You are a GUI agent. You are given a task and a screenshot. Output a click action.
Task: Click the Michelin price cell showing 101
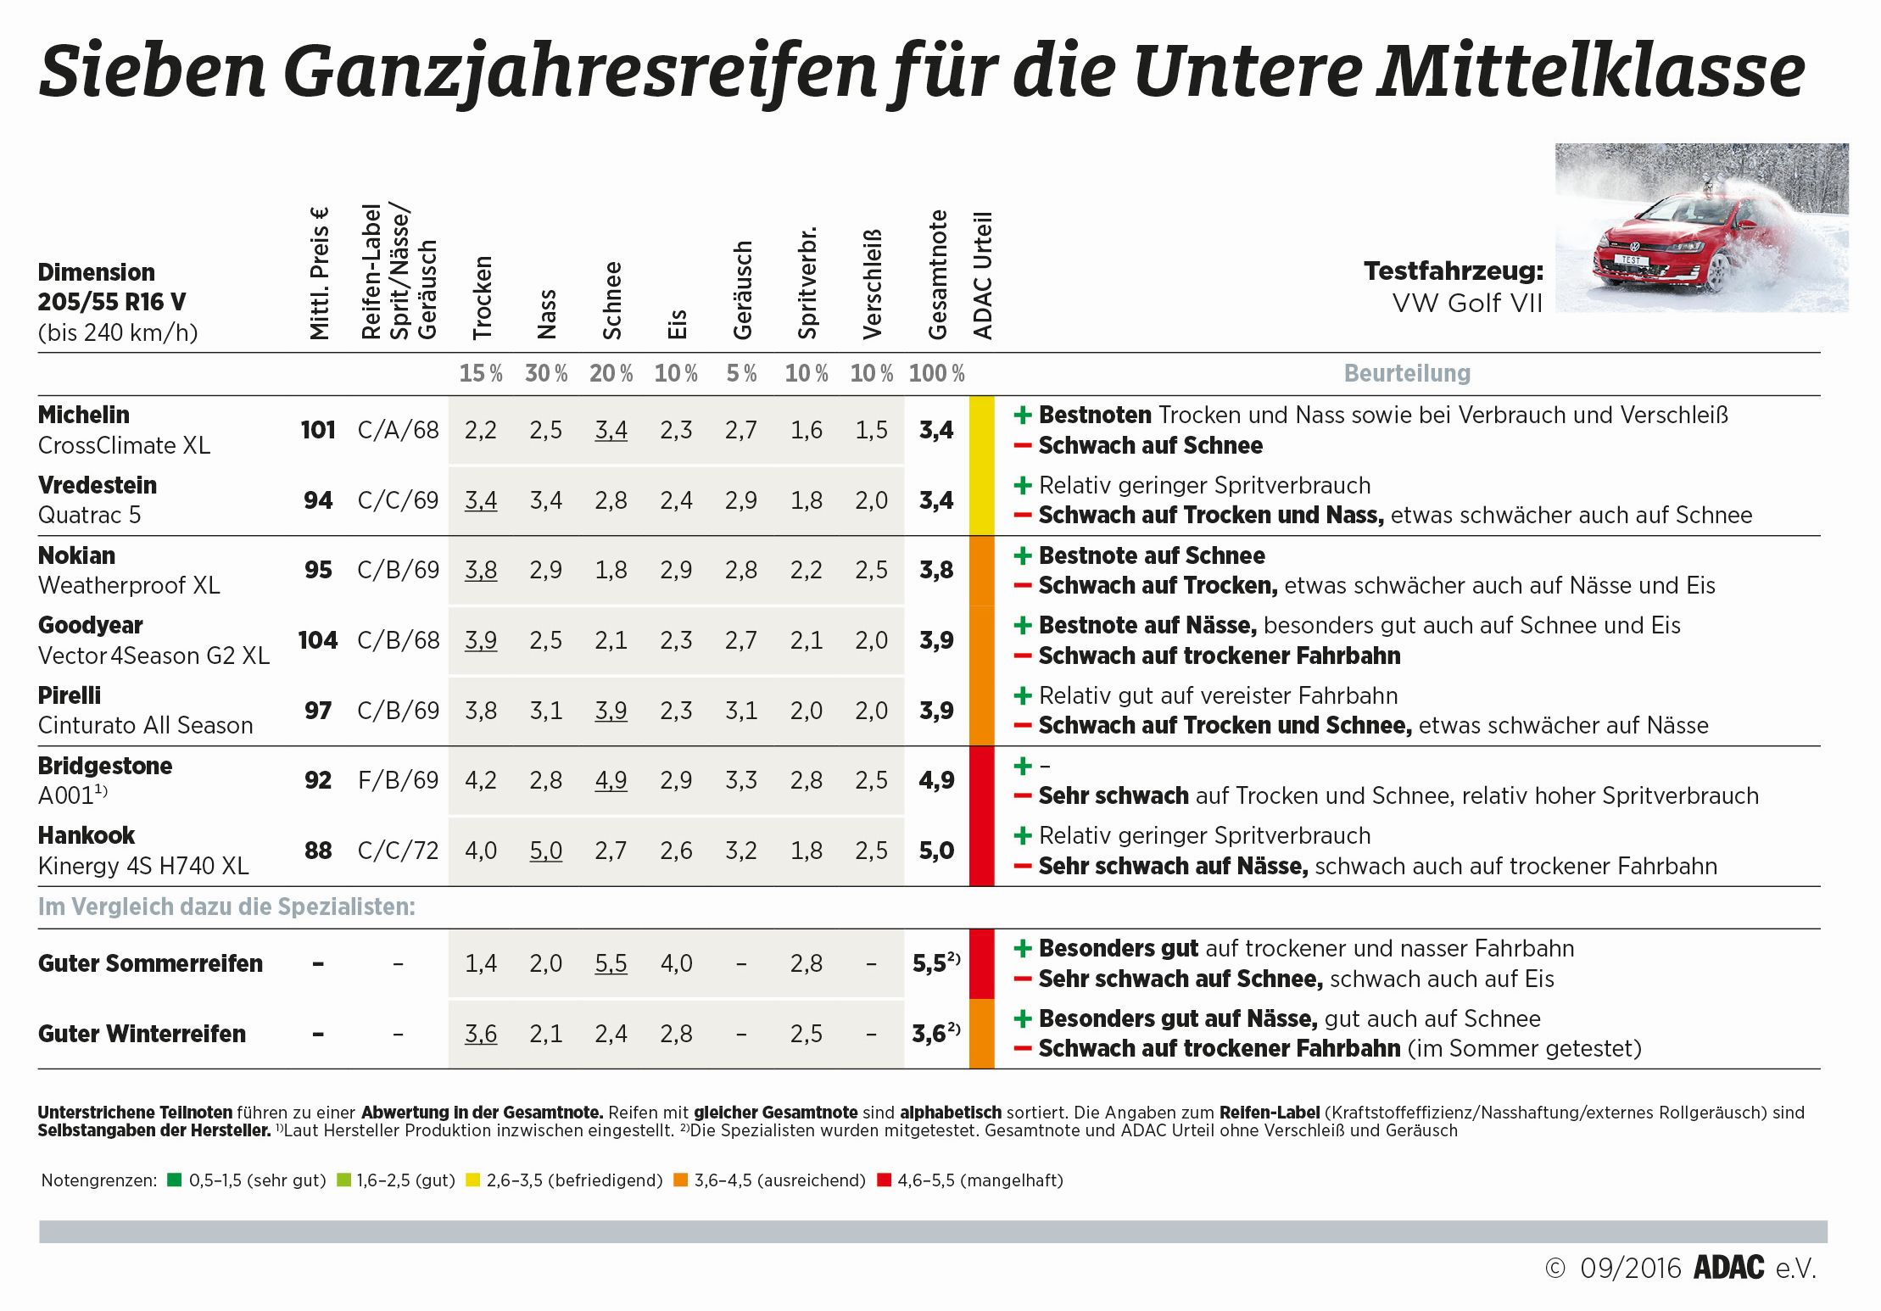[318, 430]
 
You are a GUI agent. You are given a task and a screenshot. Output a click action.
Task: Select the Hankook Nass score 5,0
[546, 851]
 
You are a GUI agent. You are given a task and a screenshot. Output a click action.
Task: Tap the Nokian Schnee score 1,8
[611, 570]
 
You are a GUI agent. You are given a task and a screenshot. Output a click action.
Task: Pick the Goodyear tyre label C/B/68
[398, 640]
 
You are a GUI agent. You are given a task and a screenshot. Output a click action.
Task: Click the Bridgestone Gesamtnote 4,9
[936, 780]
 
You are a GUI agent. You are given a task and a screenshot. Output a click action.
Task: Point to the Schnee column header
[612, 301]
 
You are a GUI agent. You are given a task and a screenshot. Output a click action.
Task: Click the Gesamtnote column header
[937, 276]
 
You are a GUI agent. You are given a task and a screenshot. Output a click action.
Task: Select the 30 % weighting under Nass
[546, 373]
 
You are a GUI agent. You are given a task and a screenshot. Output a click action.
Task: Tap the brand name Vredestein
[98, 485]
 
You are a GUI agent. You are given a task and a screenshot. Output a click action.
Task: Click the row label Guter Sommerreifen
[150, 963]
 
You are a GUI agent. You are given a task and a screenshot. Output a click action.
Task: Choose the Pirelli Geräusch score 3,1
[741, 711]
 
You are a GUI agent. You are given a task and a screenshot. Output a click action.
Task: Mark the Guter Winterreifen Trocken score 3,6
[481, 1034]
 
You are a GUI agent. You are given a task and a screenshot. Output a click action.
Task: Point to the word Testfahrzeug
[1454, 271]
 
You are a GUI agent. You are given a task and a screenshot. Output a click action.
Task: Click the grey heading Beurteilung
[1407, 373]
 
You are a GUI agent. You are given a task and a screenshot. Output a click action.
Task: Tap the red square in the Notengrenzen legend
[884, 1180]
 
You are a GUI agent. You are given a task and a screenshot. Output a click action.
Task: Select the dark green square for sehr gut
[175, 1180]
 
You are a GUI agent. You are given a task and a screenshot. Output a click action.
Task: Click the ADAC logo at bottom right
[1728, 1268]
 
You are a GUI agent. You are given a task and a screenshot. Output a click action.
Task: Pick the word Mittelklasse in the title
[1590, 71]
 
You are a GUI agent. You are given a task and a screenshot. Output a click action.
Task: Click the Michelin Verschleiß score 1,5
[872, 430]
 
